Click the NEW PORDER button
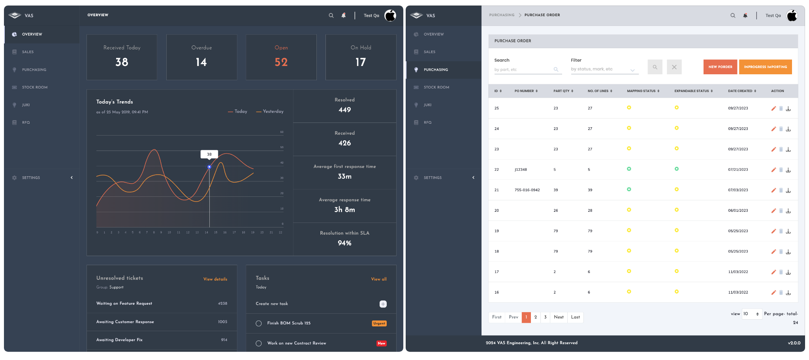coord(720,67)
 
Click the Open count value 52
coord(281,62)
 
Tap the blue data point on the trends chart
coord(209,167)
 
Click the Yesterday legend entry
coord(270,111)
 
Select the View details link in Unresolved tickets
coord(215,279)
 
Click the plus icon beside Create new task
coord(383,304)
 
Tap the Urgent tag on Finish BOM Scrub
coord(379,323)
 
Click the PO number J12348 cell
coord(521,170)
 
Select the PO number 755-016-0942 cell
coord(527,190)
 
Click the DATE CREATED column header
coord(741,91)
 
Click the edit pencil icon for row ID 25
coord(773,108)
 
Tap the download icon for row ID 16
coord(788,293)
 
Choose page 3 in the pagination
coord(545,317)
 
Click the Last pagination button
coord(575,317)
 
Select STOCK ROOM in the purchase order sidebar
coord(436,87)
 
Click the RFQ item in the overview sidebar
coord(26,123)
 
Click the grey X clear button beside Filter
coord(674,67)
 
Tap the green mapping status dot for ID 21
coord(629,189)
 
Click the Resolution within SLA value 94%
coord(344,243)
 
